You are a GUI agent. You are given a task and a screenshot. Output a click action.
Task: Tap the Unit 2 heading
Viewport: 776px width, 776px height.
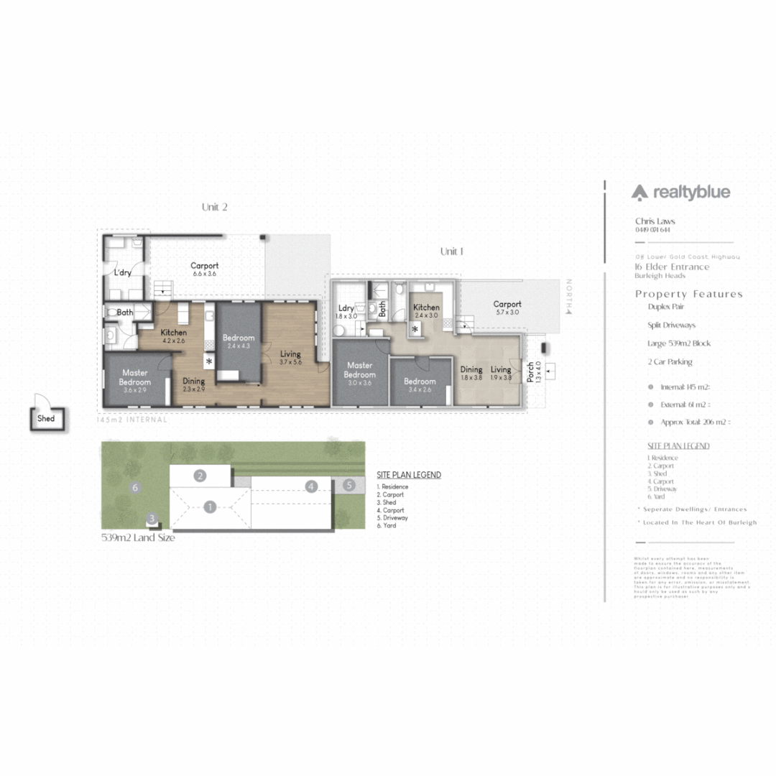214,207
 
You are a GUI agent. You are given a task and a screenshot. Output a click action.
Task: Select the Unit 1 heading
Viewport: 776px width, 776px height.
452,251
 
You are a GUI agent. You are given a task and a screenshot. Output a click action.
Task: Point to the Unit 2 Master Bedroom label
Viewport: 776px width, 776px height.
135,379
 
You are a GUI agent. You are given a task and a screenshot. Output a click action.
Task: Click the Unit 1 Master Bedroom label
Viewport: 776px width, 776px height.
359,370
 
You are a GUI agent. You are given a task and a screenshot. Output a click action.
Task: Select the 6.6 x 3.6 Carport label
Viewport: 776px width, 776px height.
204,269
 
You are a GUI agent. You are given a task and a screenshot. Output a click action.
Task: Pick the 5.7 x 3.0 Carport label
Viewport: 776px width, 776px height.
507,308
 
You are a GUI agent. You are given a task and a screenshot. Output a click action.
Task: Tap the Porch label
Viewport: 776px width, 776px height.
530,371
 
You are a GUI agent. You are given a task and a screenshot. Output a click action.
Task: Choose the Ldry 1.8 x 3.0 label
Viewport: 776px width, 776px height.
346,312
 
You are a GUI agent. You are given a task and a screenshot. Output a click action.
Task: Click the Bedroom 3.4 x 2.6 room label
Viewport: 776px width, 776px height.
420,385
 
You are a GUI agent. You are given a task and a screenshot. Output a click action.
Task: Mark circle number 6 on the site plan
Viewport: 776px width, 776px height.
134,487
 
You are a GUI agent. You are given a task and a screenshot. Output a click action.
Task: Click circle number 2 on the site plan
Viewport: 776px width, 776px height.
200,475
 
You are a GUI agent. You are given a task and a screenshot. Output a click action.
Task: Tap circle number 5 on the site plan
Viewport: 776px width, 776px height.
348,486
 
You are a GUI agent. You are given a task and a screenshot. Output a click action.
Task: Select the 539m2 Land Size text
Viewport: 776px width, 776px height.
138,537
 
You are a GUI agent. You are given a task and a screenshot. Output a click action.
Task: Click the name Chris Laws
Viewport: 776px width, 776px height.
655,221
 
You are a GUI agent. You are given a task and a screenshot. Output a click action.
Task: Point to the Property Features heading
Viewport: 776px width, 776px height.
688,294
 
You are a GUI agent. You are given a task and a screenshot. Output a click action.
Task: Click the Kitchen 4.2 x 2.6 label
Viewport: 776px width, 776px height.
174,336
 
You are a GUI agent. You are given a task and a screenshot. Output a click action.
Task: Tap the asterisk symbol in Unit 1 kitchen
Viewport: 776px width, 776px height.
415,328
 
